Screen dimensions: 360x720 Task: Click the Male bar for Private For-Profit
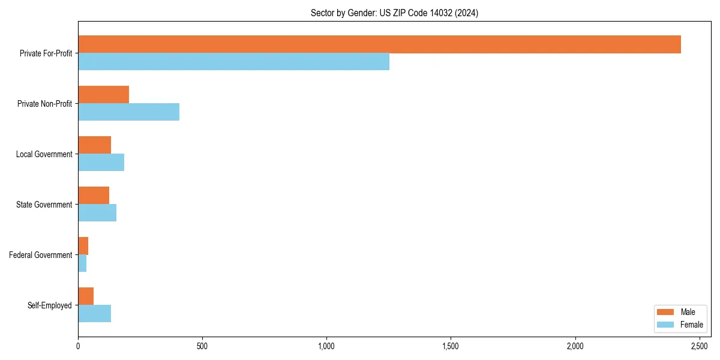pos(379,44)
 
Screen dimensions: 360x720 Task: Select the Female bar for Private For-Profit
pos(233,62)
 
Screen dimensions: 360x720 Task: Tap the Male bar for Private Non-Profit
pos(103,95)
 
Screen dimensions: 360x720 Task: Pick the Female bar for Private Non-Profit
pos(128,112)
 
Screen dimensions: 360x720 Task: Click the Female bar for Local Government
pos(101,163)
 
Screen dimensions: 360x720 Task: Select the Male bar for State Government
pos(94,196)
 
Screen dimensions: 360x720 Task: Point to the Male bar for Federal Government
pos(83,246)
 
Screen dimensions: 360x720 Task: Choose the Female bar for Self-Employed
pos(94,314)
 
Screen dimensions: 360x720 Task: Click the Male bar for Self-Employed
pos(86,296)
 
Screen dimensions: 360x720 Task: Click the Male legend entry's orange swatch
pos(666,312)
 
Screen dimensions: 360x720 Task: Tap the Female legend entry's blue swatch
pos(666,325)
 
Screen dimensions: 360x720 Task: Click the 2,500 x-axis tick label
pos(700,346)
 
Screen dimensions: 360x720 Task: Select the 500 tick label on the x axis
pos(202,346)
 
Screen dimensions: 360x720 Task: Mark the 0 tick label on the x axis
pos(78,346)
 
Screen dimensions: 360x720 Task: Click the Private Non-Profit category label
pos(44,104)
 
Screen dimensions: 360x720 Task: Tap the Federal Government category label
pos(41,255)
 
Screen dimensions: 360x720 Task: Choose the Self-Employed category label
pos(50,305)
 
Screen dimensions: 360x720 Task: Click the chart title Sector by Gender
pos(394,13)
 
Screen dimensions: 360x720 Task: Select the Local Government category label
pos(44,154)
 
